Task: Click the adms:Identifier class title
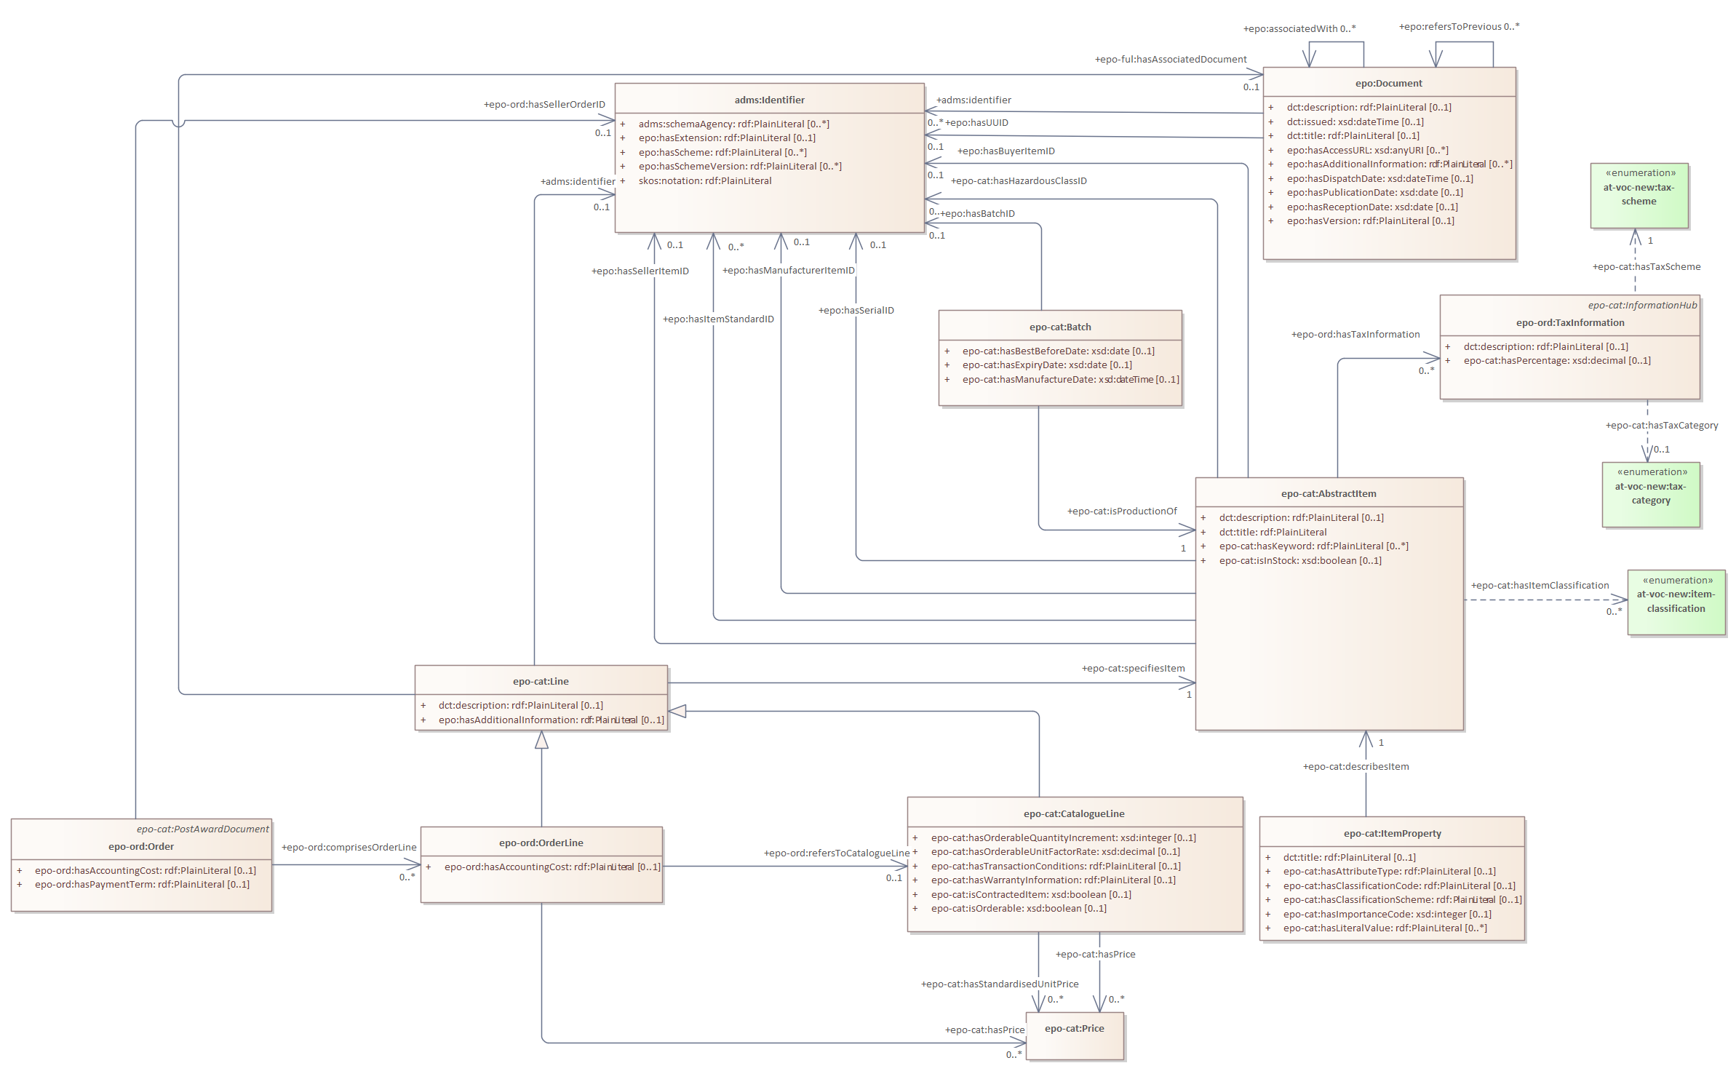769,100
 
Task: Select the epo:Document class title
1388,83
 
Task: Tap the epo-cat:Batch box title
1059,327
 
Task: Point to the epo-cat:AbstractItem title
1328,493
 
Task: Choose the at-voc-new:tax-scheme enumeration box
1639,195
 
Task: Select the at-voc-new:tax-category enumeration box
1650,493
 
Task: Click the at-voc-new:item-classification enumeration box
1676,602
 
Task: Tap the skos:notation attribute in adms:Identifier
704,180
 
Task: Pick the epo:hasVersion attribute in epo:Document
1370,220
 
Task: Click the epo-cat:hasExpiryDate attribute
1046,365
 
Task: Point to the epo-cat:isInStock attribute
1299,560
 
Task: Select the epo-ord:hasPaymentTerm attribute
142,884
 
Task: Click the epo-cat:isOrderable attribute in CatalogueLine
1018,908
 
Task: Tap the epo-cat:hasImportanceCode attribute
1386,914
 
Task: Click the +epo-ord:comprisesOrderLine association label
349,847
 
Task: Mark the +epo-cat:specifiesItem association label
1133,668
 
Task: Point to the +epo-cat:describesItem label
1355,766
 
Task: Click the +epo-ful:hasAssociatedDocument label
1170,59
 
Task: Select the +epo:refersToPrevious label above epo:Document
1458,26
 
